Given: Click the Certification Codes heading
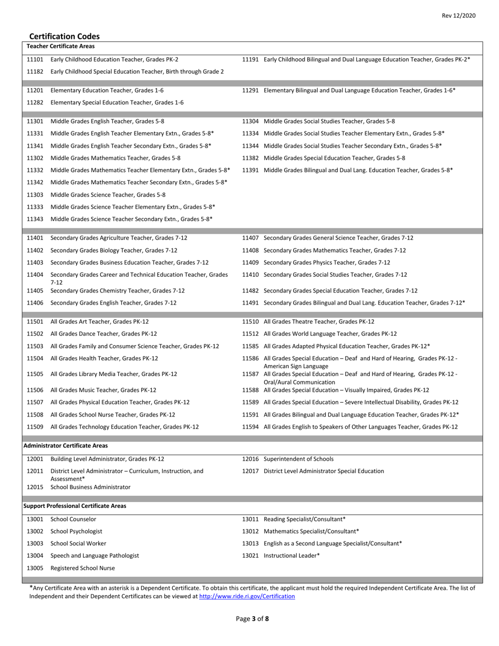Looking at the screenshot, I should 64,36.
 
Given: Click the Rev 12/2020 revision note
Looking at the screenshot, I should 459,16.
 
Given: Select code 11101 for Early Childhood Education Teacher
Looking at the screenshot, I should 35,59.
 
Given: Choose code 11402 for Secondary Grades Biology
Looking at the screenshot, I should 35,250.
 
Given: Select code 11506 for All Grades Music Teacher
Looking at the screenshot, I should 35,390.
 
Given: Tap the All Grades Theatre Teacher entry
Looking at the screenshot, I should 319,321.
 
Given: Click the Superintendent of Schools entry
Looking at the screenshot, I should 298,459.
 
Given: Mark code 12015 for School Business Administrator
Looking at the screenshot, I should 35,487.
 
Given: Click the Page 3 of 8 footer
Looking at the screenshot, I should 253,619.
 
